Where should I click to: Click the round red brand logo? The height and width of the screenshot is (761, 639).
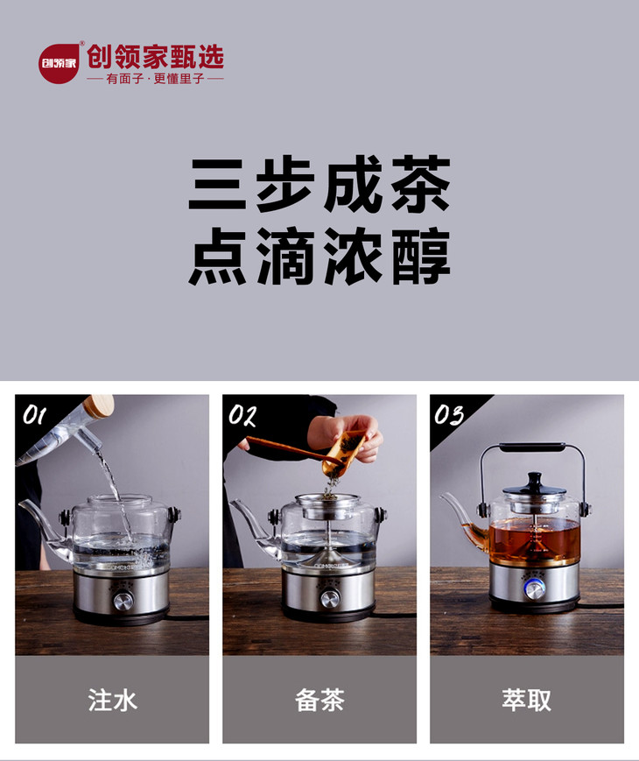tap(59, 64)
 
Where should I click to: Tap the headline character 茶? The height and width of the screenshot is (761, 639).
tap(421, 184)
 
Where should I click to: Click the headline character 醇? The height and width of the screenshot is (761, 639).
tap(421, 257)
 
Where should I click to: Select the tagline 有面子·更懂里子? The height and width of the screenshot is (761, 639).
tap(155, 79)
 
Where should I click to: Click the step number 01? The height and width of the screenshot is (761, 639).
tap(34, 415)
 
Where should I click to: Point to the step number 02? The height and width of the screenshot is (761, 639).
tap(242, 415)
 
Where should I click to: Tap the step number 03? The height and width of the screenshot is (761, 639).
tap(449, 415)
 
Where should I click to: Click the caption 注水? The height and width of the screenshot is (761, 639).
tap(113, 700)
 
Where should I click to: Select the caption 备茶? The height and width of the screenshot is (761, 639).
tap(319, 700)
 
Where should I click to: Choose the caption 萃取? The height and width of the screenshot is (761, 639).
tap(527, 700)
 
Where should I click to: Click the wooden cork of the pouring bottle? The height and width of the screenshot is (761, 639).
tap(99, 405)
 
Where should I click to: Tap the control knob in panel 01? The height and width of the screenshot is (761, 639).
tap(123, 602)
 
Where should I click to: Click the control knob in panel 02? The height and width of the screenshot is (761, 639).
tap(330, 598)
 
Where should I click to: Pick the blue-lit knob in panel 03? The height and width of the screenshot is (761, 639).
tap(534, 589)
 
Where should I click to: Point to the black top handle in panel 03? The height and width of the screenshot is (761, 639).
tap(532, 447)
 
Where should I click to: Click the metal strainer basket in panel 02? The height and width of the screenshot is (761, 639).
tap(328, 507)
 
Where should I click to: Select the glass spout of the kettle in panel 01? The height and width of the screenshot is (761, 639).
tap(44, 525)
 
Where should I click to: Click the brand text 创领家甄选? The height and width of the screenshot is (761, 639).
tap(155, 57)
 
